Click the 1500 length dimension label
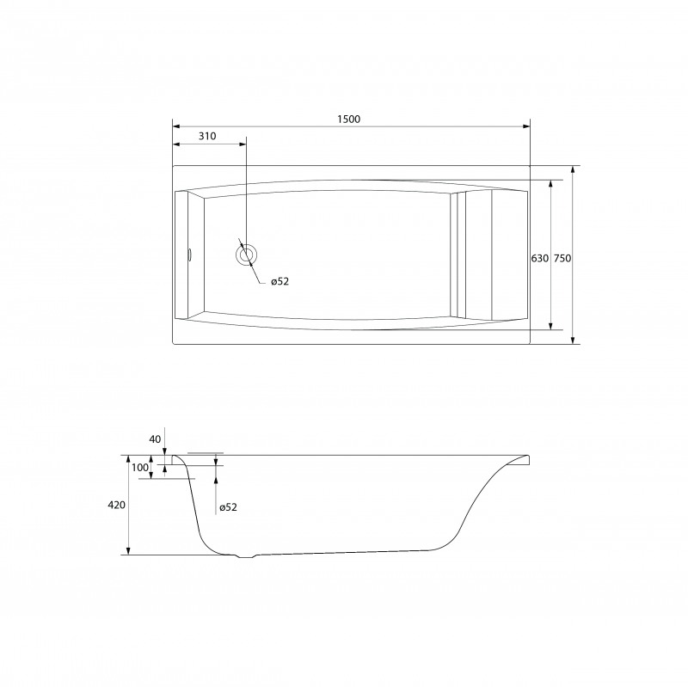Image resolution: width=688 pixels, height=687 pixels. point(349,119)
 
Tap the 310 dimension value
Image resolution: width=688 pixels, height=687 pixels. point(207,136)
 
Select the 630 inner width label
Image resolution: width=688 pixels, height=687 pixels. point(540,259)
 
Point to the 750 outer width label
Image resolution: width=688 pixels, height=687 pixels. point(562,259)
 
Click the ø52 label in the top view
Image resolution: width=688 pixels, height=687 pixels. point(280,281)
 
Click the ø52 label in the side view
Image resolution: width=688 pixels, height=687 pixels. point(228,507)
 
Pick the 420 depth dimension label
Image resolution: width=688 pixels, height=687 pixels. point(116,505)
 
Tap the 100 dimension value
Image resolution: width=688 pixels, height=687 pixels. point(140,468)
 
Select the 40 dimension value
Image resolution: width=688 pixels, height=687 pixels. point(156,439)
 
